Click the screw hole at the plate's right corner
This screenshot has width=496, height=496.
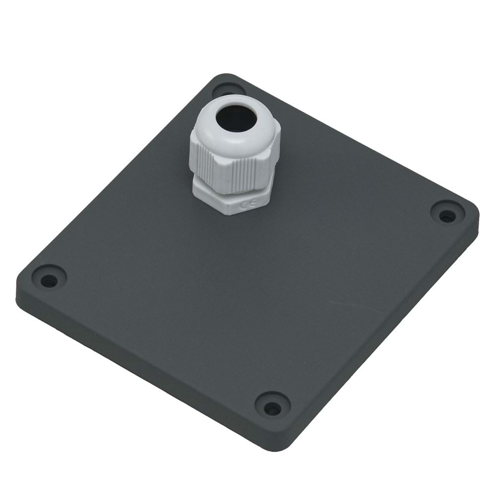click(x=447, y=215)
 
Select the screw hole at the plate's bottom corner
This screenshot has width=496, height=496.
click(x=272, y=408)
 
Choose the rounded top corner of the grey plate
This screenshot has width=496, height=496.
click(x=226, y=77)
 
